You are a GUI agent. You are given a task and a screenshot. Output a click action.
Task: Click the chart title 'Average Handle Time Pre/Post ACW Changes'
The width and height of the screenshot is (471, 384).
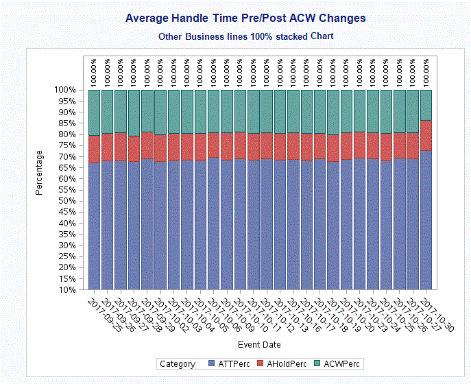point(245,19)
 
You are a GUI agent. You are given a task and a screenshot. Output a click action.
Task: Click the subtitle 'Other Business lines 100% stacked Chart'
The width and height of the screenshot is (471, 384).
point(245,36)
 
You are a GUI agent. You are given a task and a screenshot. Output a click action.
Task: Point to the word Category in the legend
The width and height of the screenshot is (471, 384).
point(178,364)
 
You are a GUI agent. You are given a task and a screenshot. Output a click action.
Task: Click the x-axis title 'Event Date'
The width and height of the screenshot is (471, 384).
point(259,344)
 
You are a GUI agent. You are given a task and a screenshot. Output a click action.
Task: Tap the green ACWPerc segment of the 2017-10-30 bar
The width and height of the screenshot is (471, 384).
point(426,104)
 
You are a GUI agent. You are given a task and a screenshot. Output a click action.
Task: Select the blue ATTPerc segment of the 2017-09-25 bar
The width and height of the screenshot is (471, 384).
point(95,226)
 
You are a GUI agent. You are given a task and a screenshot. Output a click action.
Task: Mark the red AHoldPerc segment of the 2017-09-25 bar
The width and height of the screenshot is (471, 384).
point(95,149)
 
